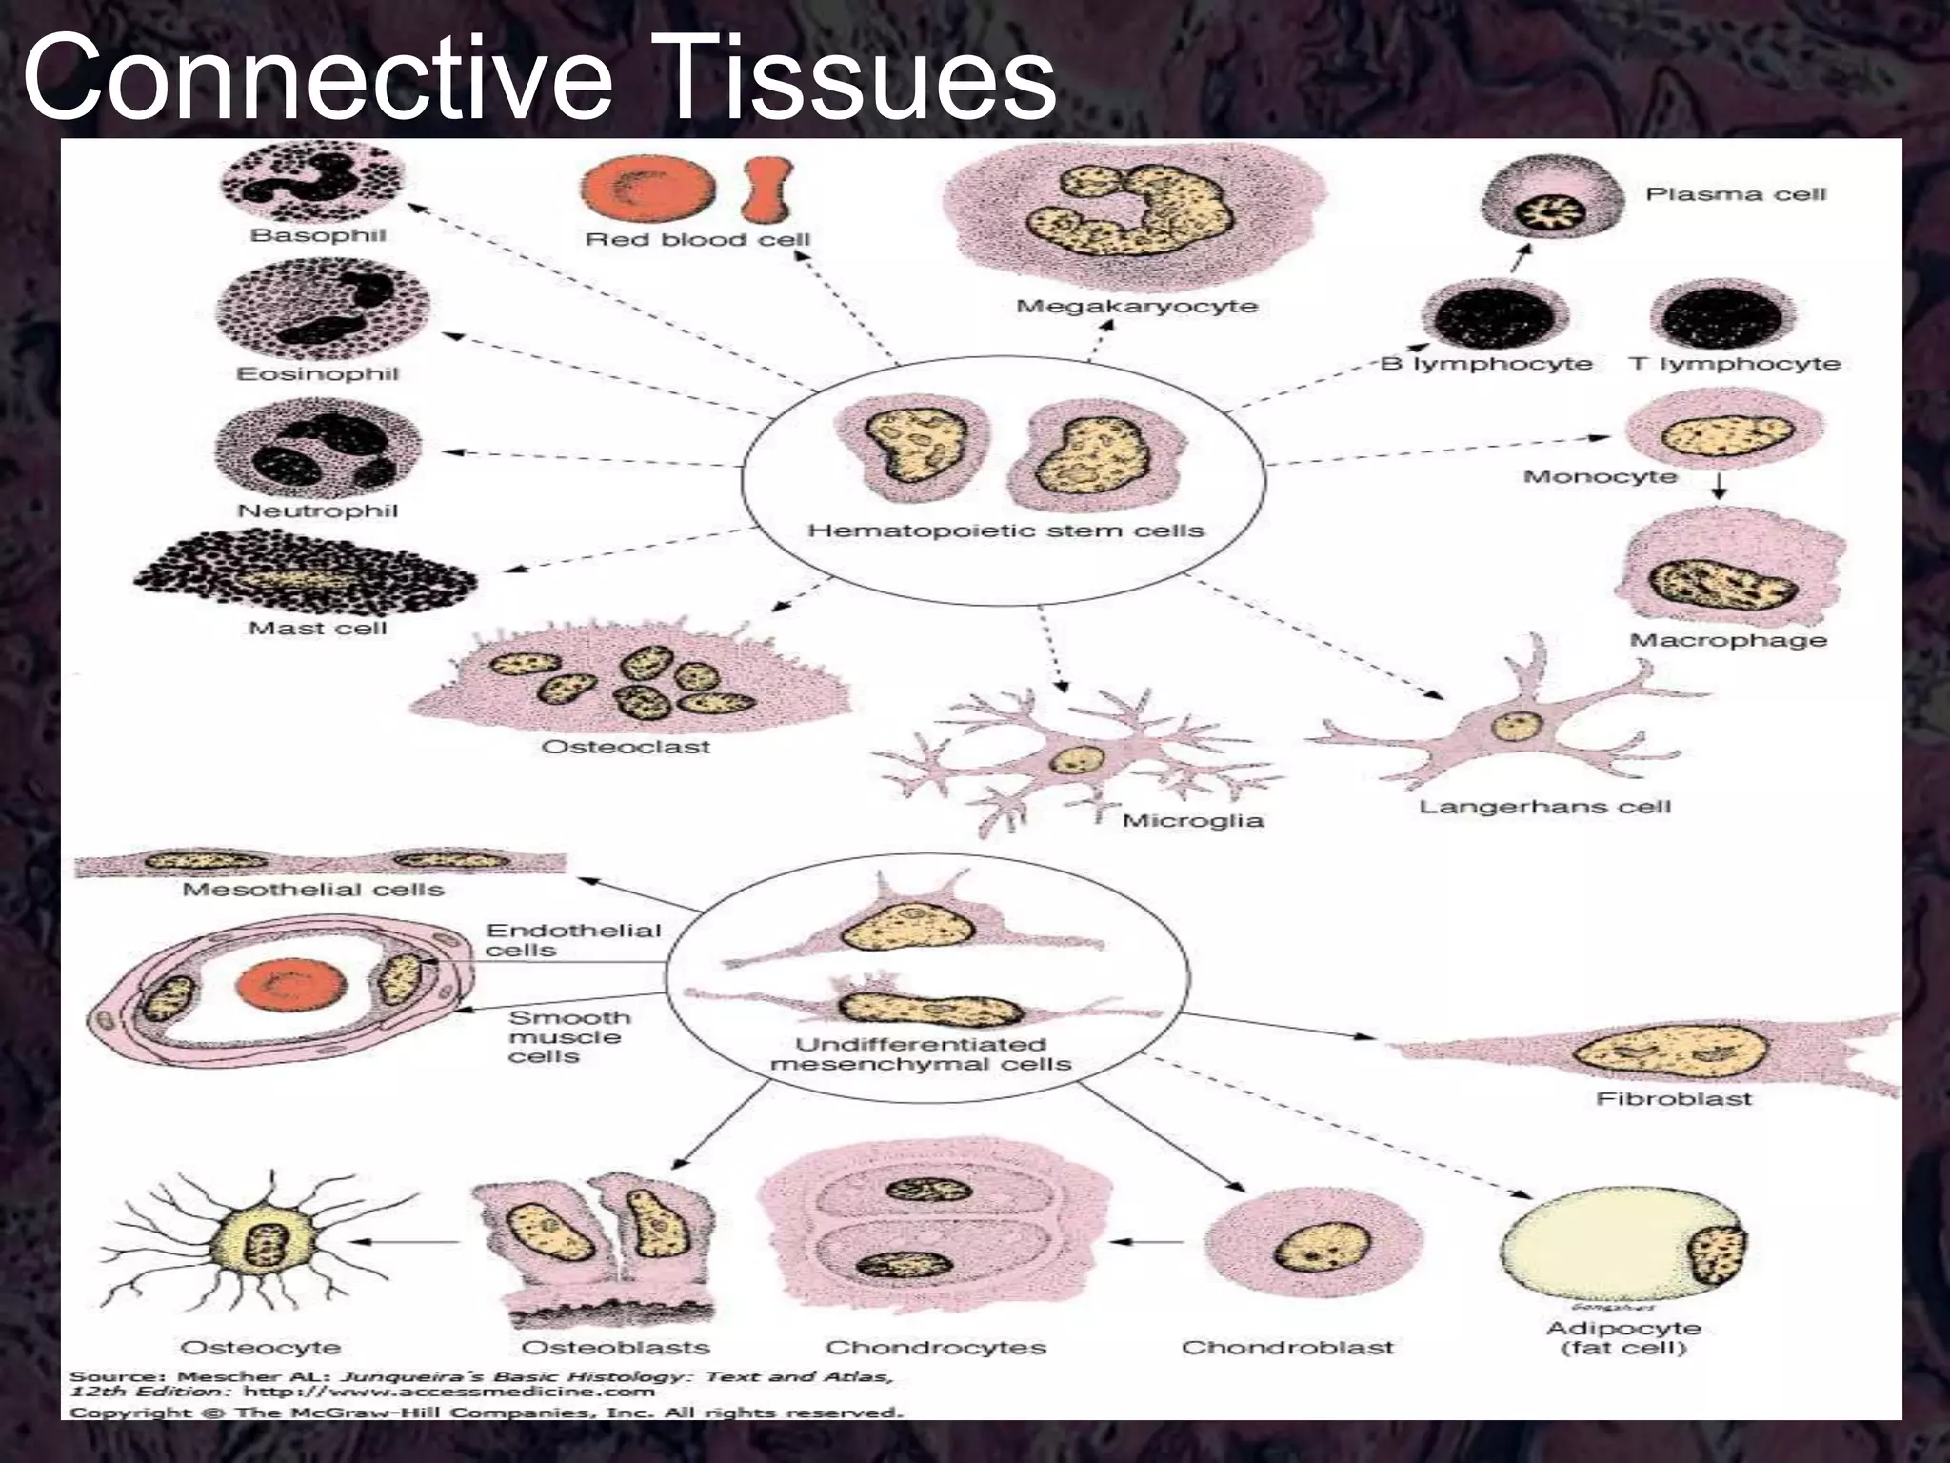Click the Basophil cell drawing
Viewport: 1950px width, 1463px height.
coord(313,181)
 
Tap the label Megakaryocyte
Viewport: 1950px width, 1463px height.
coord(1137,307)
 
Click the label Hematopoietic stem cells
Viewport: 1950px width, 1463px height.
coord(1005,531)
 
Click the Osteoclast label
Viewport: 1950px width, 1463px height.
coord(626,747)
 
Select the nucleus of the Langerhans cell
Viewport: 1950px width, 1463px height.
coord(1516,726)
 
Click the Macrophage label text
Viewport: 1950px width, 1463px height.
coord(1728,640)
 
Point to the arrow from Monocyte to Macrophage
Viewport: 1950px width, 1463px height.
coord(1719,487)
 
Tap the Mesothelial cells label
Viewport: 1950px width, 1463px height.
coord(313,890)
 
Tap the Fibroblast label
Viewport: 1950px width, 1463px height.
coord(1674,1099)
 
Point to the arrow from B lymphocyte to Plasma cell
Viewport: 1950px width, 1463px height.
coord(1521,258)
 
